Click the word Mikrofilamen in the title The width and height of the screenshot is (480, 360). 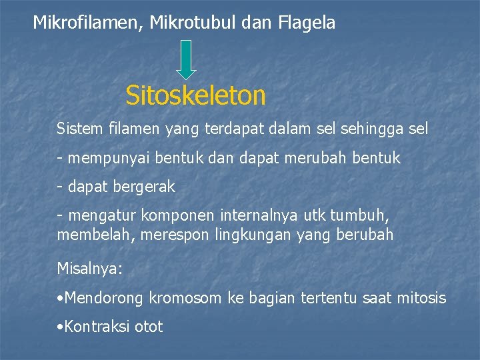click(x=89, y=23)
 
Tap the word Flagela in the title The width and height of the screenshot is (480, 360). click(x=307, y=23)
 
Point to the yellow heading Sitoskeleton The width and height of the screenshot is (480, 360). click(x=195, y=96)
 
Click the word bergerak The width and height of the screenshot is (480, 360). click(x=145, y=187)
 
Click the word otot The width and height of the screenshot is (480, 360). click(x=149, y=327)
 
